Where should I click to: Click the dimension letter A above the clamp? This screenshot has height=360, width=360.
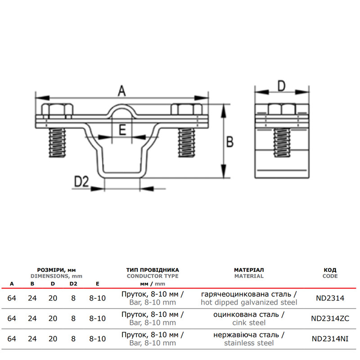click(122, 91)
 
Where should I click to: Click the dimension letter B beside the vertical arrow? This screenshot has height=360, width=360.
click(230, 142)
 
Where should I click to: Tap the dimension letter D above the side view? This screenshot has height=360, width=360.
click(282, 86)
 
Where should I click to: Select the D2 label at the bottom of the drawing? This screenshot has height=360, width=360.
click(81, 181)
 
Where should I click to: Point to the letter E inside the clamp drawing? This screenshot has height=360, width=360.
click(122, 130)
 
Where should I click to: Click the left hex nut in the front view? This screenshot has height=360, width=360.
click(57, 109)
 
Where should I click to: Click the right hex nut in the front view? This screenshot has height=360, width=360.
click(187, 109)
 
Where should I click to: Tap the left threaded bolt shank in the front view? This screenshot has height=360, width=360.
click(58, 143)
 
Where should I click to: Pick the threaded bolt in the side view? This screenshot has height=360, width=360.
click(282, 143)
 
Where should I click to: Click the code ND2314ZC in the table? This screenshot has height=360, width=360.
click(330, 319)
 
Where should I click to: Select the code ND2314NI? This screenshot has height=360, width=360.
click(330, 339)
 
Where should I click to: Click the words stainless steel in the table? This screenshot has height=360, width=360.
click(249, 343)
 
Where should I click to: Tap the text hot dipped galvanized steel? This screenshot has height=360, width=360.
click(249, 302)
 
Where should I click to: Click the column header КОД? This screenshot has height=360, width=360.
click(330, 270)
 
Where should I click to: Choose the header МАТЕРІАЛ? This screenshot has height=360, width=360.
click(249, 270)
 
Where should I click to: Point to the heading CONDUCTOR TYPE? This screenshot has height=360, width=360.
click(153, 276)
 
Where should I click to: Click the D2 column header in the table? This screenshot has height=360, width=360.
click(73, 284)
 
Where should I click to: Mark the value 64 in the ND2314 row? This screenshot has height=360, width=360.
click(12, 298)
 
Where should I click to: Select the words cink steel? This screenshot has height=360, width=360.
click(249, 323)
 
